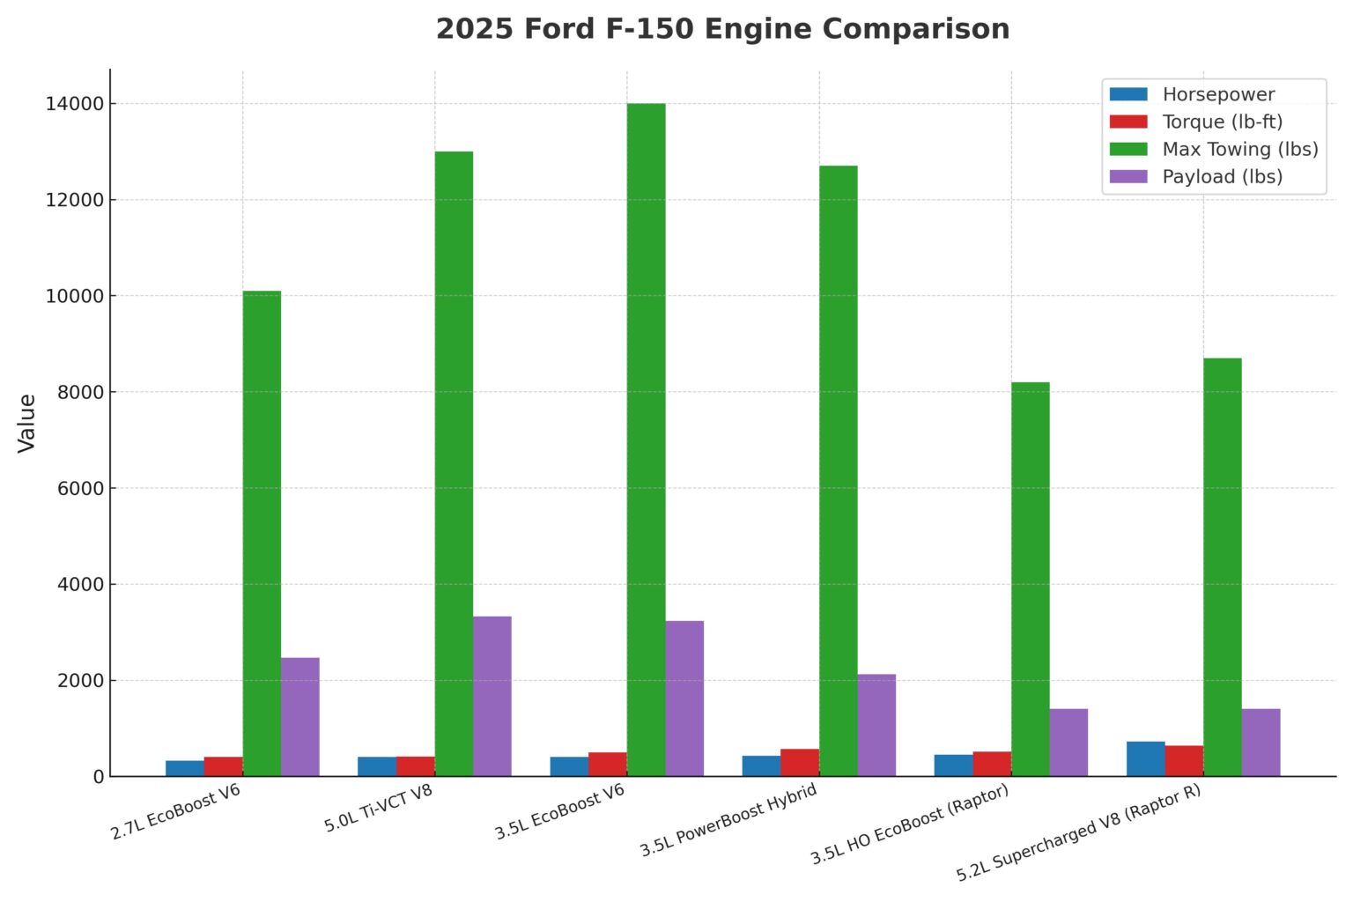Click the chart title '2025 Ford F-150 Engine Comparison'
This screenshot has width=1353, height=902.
click(x=722, y=29)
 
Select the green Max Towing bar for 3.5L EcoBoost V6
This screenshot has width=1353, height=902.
click(x=646, y=440)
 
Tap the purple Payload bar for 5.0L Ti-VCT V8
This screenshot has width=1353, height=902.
click(x=492, y=696)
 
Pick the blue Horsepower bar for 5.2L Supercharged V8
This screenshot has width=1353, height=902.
click(x=1145, y=758)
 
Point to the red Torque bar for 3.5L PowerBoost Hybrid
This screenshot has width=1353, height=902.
click(x=800, y=762)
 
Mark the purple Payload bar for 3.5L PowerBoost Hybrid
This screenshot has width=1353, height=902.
click(x=876, y=725)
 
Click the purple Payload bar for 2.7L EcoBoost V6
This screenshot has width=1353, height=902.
click(x=300, y=716)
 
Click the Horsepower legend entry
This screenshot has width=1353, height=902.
click(x=1217, y=94)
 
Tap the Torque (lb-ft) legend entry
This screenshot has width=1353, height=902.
click(x=1222, y=122)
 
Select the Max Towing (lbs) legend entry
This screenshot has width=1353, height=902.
click(x=1239, y=149)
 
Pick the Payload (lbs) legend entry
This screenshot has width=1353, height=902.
click(x=1222, y=176)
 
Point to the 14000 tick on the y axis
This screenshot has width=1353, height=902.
click(x=74, y=104)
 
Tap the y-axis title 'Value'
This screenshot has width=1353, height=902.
click(x=27, y=423)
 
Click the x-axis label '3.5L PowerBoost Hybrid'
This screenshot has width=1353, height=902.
click(x=728, y=820)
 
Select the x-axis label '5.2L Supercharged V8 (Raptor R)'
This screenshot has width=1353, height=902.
click(x=1078, y=832)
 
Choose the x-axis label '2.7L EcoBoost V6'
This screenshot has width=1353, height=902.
click(x=175, y=811)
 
